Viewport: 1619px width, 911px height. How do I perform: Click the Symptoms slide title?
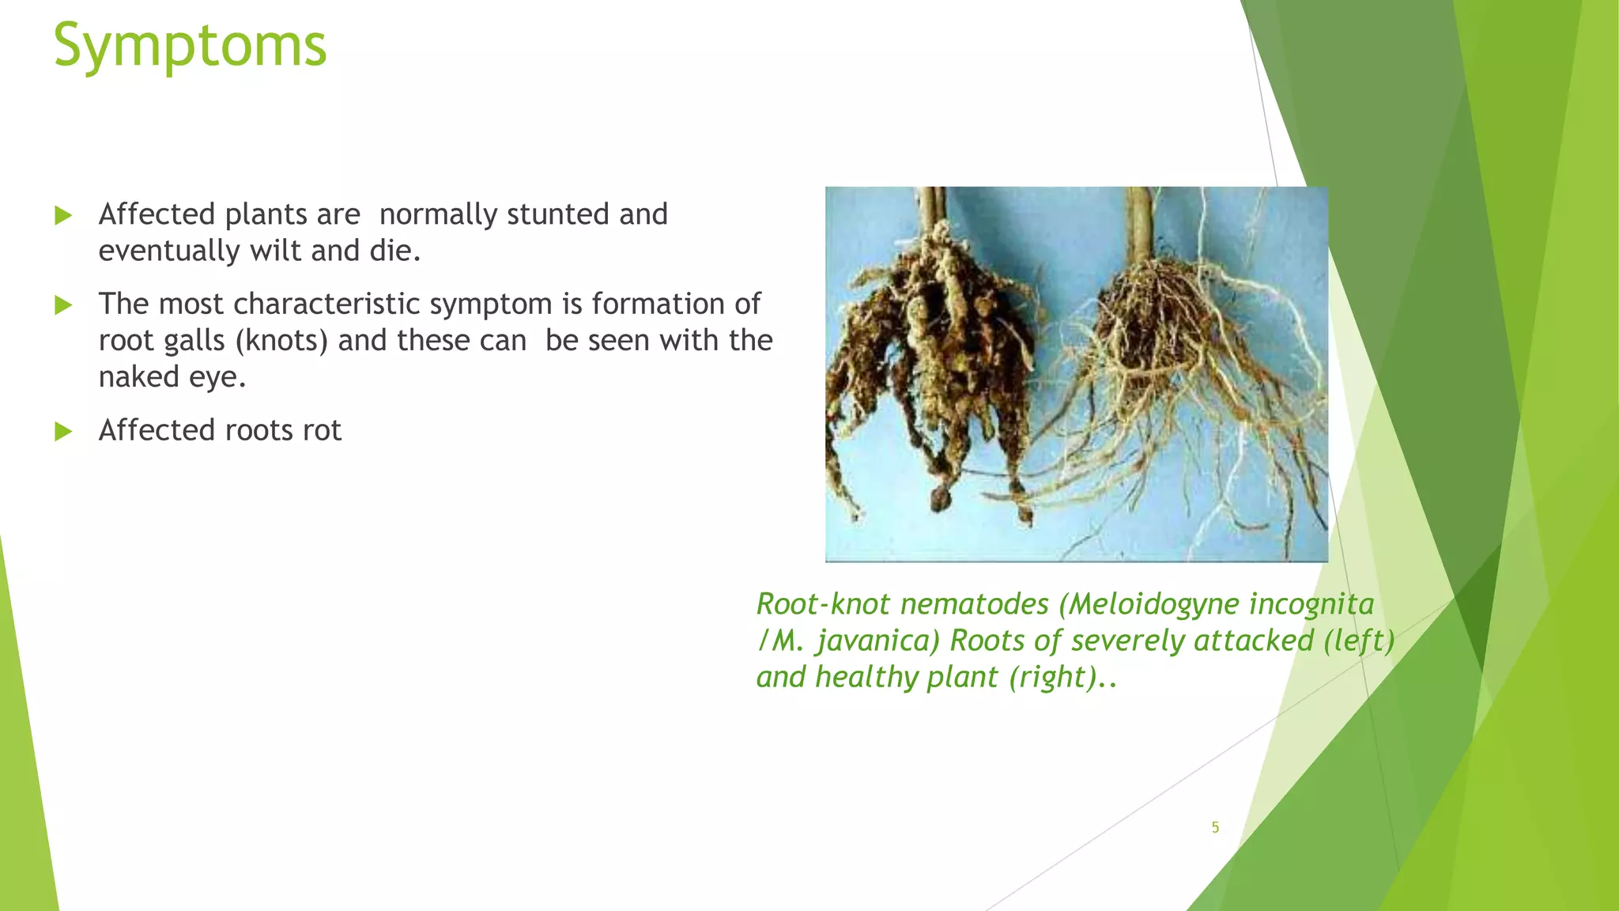(x=190, y=46)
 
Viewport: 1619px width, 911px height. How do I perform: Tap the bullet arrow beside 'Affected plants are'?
(x=63, y=215)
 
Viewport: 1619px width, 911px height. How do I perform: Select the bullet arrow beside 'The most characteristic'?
(x=63, y=304)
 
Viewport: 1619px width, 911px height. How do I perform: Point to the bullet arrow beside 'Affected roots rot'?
(x=63, y=431)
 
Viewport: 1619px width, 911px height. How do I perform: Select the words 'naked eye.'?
(x=172, y=377)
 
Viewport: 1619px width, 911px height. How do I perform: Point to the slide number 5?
(x=1215, y=827)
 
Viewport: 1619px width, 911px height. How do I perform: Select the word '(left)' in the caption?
(x=1359, y=641)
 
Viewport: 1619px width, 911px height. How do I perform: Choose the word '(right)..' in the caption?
(x=1062, y=677)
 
